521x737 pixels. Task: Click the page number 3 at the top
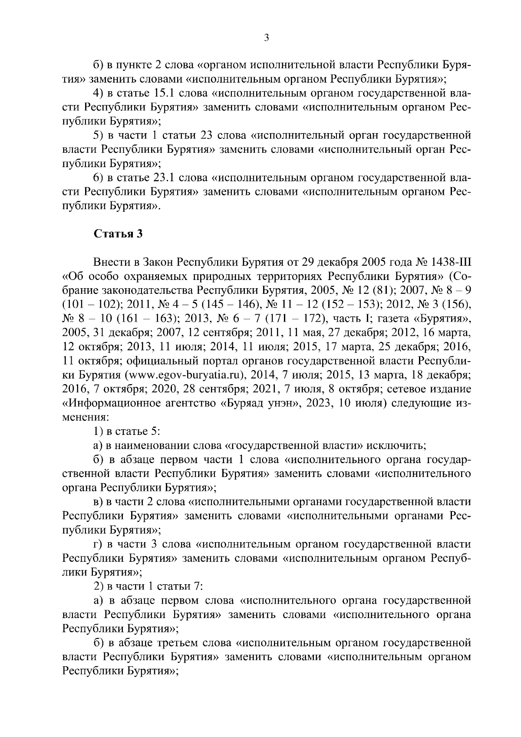point(267,38)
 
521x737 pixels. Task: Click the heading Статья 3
point(119,234)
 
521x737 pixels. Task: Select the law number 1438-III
point(452,262)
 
